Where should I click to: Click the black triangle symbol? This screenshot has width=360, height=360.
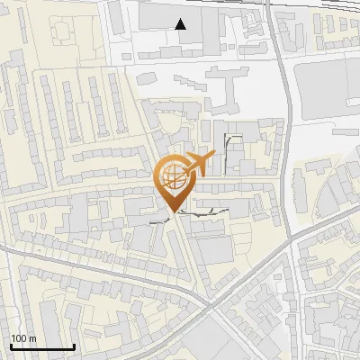click(x=182, y=24)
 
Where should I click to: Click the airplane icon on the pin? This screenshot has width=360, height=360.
click(x=201, y=162)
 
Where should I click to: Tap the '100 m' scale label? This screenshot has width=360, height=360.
click(x=22, y=338)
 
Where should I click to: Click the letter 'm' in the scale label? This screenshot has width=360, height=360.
click(x=32, y=338)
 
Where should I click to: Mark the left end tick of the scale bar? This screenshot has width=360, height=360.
click(x=10, y=346)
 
